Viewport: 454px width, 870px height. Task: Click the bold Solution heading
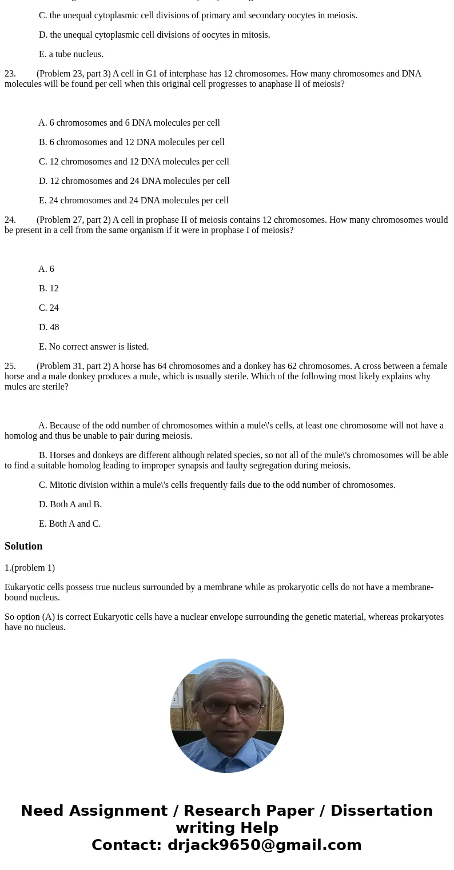(23, 546)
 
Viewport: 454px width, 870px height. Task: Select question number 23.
(10, 74)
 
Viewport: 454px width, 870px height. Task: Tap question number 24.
(10, 220)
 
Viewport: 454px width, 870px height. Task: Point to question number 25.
(10, 366)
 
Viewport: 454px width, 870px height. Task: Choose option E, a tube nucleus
(71, 54)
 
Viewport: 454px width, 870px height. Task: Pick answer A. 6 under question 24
(46, 269)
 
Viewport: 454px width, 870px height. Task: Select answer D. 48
(49, 327)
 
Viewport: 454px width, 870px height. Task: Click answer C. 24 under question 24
(49, 308)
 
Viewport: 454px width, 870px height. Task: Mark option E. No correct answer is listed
(94, 347)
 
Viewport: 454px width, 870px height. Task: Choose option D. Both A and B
(70, 504)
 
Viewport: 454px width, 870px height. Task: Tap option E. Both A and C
(70, 524)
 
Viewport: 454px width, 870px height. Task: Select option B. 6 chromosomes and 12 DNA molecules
(132, 142)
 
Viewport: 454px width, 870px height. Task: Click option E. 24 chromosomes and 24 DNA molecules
(133, 201)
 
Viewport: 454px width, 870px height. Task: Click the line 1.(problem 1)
(30, 568)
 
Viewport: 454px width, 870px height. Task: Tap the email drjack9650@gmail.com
(264, 845)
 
